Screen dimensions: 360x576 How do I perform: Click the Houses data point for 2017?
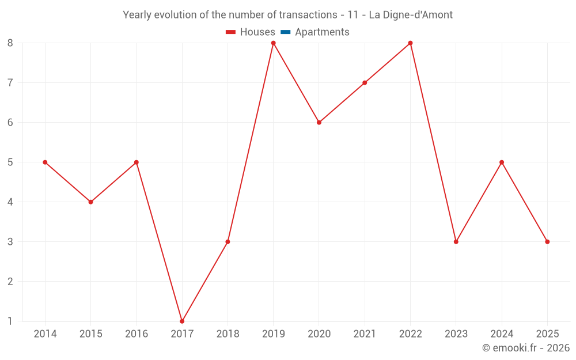point(182,321)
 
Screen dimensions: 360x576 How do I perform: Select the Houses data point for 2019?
point(274,43)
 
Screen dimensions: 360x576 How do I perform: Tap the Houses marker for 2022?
point(410,43)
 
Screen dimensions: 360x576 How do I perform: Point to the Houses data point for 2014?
point(45,162)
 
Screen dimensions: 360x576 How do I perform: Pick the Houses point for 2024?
point(502,162)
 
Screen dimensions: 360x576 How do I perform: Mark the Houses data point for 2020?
point(319,123)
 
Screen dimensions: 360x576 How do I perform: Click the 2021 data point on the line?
point(365,83)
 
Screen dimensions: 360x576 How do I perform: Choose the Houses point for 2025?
point(547,242)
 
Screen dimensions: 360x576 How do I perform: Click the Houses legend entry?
point(251,32)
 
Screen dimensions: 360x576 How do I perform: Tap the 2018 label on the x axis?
point(228,334)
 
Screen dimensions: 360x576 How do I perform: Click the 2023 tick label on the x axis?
point(456,334)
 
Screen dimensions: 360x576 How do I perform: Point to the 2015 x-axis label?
point(90,334)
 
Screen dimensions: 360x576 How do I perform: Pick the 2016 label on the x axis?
point(137,334)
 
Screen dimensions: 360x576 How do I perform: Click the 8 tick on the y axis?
point(10,43)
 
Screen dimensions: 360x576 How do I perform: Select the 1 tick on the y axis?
point(10,321)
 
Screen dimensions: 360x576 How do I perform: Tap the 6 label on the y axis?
point(10,123)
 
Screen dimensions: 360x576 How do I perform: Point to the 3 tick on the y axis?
point(10,242)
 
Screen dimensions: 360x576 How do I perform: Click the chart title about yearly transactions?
point(288,15)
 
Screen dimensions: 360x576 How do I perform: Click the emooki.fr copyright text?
point(526,348)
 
